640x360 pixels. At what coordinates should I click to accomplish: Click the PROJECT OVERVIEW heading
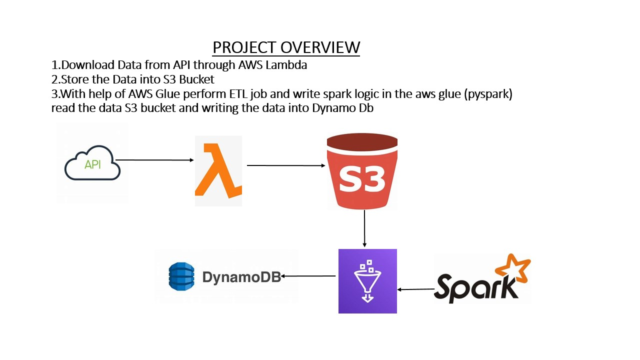(286, 47)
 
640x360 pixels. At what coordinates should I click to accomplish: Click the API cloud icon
(92, 163)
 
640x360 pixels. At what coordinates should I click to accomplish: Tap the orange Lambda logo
(218, 171)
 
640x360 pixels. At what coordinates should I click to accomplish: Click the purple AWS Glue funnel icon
(367, 281)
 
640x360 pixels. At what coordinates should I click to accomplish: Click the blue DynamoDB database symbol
(180, 276)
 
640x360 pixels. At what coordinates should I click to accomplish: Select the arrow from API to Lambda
(155, 160)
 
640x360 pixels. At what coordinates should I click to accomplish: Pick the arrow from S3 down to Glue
(364, 228)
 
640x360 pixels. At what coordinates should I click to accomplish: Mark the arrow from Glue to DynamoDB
(308, 276)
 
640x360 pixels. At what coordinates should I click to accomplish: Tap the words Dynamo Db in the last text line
(343, 108)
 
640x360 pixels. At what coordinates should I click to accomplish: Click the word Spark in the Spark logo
(475, 287)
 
